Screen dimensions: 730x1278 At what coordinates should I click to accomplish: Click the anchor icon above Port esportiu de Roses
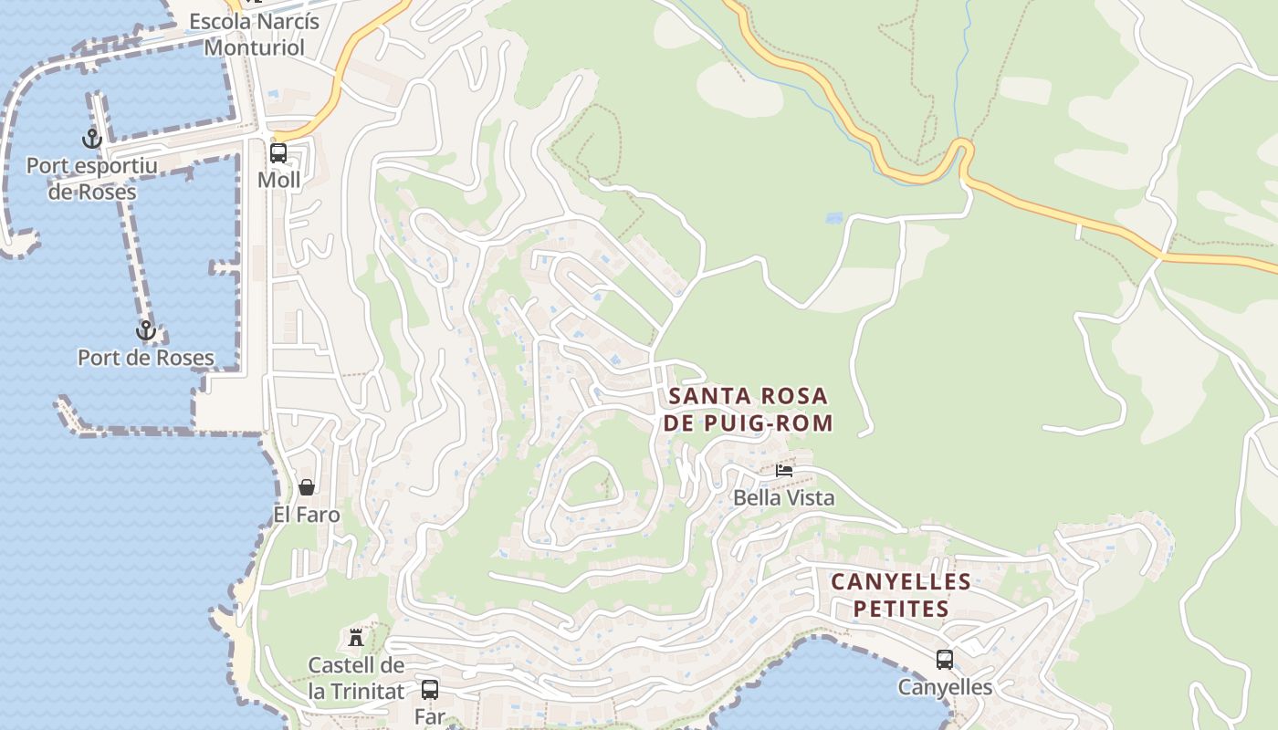(91, 139)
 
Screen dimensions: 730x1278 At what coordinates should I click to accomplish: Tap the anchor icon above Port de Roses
(145, 330)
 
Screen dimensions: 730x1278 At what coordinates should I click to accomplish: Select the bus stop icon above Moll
(278, 152)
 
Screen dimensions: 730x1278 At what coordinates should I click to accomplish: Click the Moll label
(278, 180)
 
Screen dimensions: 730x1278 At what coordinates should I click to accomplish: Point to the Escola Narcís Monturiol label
(254, 34)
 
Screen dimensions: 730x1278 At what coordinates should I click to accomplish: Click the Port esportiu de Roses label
(91, 179)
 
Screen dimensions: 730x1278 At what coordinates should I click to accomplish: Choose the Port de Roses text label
(146, 358)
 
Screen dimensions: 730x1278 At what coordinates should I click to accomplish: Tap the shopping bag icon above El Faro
(307, 487)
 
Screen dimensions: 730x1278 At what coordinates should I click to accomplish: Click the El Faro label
(307, 515)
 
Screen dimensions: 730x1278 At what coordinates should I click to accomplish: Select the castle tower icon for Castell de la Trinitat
(356, 637)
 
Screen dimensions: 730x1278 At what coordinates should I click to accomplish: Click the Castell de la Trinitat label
(356, 678)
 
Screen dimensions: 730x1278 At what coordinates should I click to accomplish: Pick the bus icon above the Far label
(429, 689)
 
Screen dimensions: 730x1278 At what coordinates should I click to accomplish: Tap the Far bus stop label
(429, 716)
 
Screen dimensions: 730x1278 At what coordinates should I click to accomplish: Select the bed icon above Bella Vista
(783, 471)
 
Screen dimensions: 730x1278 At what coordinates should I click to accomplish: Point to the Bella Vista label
(784, 498)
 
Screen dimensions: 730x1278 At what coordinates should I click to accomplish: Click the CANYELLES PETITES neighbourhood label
(900, 595)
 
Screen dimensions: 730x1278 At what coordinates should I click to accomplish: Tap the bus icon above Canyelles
(945, 659)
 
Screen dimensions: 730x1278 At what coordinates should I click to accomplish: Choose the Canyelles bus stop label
(945, 687)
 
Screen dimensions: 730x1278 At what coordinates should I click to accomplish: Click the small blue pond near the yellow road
(833, 219)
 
